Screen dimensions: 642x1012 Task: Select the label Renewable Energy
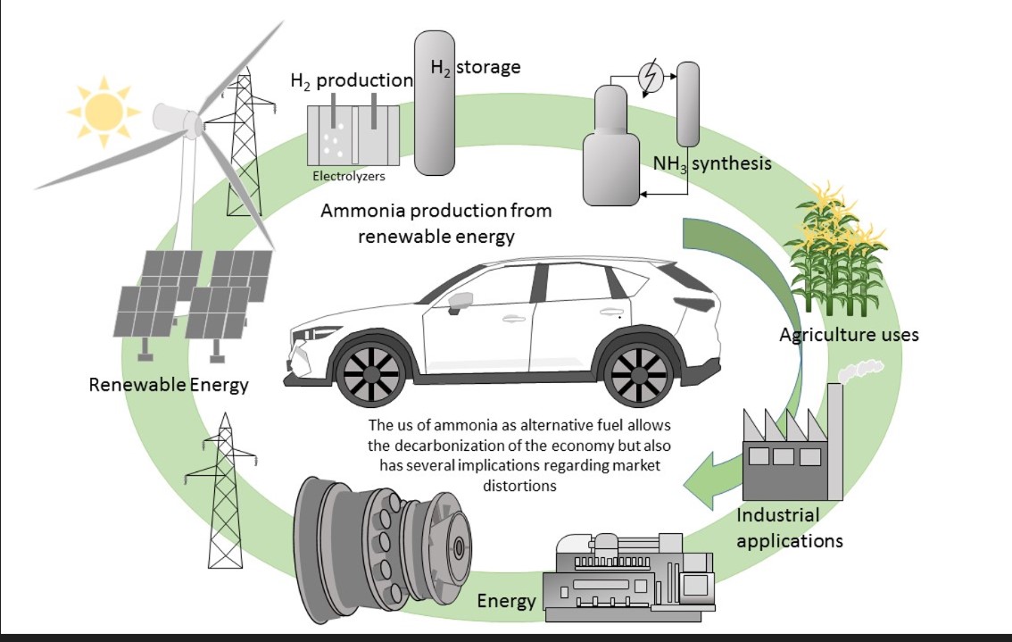click(x=169, y=386)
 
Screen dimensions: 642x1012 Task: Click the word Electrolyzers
click(x=349, y=176)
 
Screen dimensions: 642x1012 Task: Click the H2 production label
click(x=352, y=80)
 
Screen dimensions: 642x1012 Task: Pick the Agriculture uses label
click(x=849, y=335)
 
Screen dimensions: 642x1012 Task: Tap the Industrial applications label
click(x=789, y=528)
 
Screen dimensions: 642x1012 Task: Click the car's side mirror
click(x=460, y=301)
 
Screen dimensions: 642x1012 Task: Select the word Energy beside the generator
click(x=506, y=600)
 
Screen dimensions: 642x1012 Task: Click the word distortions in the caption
click(x=518, y=487)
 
